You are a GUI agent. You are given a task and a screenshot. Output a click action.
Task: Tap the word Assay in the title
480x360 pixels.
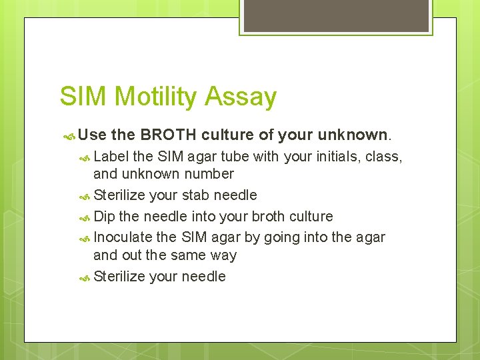tap(241, 97)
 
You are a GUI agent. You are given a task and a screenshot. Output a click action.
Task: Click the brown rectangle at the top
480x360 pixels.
tap(337, 15)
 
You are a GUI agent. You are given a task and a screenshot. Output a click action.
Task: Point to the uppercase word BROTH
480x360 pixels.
tap(167, 135)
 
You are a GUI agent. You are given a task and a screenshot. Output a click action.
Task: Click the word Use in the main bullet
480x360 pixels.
tap(93, 135)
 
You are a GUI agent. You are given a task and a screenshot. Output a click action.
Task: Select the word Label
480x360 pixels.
tap(111, 157)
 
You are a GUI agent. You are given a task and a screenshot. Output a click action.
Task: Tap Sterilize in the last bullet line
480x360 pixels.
tap(120, 277)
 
